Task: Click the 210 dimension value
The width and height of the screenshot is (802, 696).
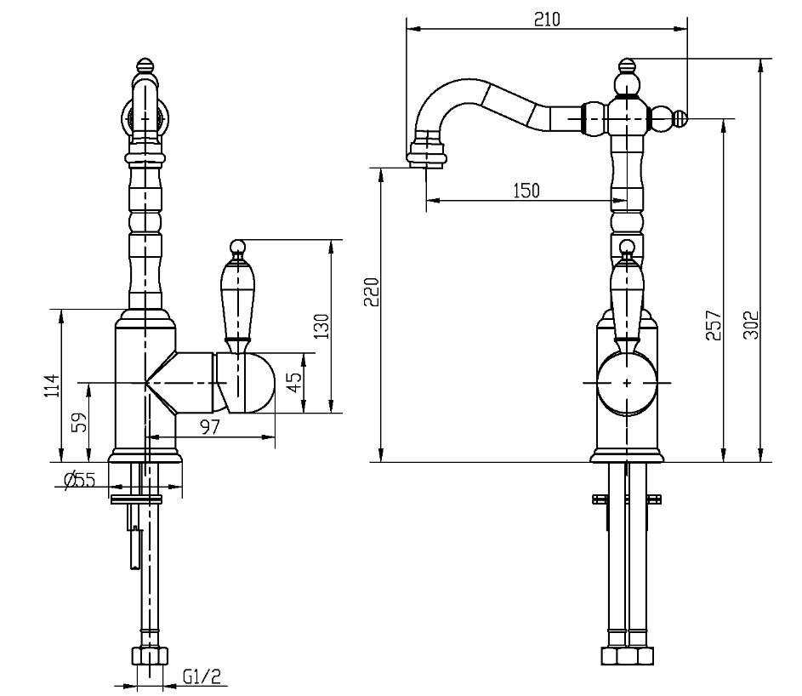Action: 547,20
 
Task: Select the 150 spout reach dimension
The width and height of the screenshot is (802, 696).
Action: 526,191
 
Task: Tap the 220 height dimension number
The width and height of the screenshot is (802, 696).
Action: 372,292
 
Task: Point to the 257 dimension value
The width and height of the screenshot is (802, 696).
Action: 713,325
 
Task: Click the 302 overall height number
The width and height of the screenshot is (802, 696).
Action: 751,325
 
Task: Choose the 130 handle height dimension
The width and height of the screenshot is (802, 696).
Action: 321,326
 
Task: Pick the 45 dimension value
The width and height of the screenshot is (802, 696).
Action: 293,382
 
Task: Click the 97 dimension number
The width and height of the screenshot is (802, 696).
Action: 210,426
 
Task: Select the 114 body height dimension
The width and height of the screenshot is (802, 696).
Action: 52,385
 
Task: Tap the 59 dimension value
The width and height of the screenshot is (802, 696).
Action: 79,423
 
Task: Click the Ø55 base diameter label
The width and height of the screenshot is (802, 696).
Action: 80,480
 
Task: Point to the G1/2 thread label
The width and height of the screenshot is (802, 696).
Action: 202,677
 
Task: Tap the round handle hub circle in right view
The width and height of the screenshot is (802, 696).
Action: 627,382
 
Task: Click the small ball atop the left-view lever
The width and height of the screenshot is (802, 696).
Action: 236,248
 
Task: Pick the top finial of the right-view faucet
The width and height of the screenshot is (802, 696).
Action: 627,66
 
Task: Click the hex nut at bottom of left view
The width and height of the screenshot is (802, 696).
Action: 150,655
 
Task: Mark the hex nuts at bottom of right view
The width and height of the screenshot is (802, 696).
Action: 627,655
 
